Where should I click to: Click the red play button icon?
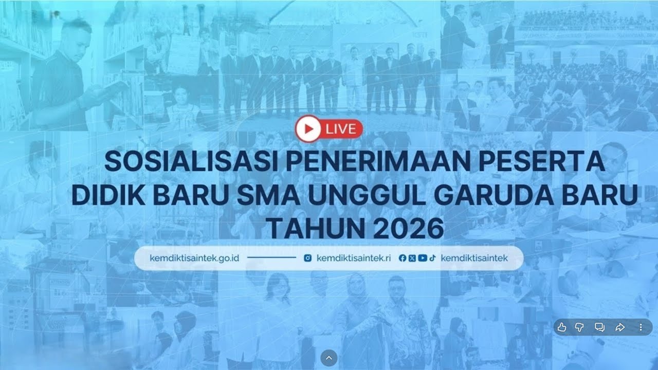308,129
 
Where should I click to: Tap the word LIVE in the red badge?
340,129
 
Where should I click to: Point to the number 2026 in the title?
409,229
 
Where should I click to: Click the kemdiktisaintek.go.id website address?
194,258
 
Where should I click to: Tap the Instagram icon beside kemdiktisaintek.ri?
307,258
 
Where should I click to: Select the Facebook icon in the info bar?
402,258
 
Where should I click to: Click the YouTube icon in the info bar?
422,258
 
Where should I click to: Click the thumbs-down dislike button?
580,327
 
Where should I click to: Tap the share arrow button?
620,327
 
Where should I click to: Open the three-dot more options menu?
641,327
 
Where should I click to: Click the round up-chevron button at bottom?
329,358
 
